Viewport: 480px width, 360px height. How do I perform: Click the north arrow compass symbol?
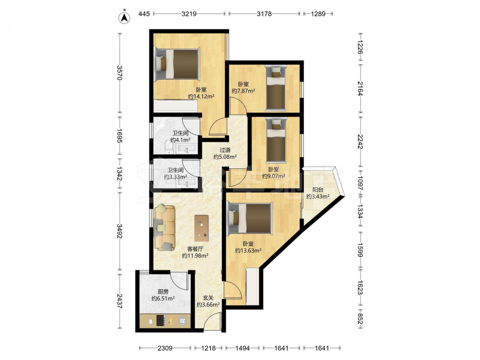pyautogui.click(x=124, y=18)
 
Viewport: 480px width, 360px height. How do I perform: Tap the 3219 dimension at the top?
pyautogui.click(x=189, y=14)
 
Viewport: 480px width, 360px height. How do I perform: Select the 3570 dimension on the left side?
pyautogui.click(x=120, y=73)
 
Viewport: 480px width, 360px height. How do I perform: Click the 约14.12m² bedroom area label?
pyautogui.click(x=201, y=96)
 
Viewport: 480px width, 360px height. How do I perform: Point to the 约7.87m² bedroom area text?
pyautogui.click(x=244, y=91)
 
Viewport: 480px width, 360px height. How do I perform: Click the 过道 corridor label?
pyautogui.click(x=225, y=150)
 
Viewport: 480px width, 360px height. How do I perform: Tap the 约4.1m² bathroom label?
pyautogui.click(x=180, y=140)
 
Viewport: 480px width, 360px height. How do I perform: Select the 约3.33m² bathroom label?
pyautogui.click(x=175, y=177)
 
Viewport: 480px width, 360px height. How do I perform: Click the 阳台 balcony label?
pyautogui.click(x=318, y=190)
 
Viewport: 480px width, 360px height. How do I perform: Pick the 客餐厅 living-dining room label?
pyautogui.click(x=195, y=249)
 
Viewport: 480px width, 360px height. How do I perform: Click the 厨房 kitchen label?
pyautogui.click(x=163, y=292)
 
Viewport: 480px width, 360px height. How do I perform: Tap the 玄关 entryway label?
pyautogui.click(x=208, y=298)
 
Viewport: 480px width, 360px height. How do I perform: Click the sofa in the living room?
pyautogui.click(x=164, y=228)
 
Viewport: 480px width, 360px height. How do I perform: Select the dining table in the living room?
pyautogui.click(x=202, y=228)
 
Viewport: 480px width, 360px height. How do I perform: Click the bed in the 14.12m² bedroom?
pyautogui.click(x=177, y=64)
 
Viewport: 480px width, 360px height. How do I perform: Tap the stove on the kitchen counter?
pyautogui.click(x=161, y=321)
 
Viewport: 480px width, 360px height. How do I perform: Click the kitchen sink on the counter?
pyautogui.click(x=182, y=321)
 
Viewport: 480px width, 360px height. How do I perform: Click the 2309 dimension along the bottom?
pyautogui.click(x=165, y=348)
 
